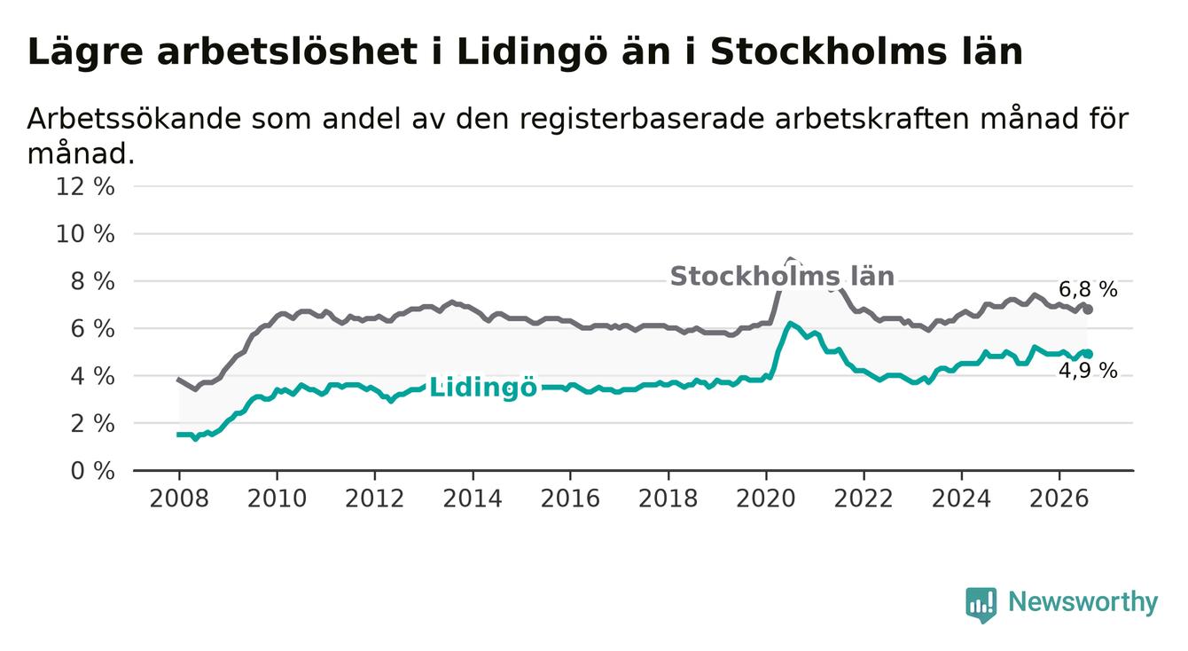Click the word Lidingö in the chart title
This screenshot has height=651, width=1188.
[531, 52]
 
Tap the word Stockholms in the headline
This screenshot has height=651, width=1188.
[828, 51]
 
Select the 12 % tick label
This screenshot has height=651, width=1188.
[85, 187]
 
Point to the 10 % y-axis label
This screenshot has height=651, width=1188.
[85, 234]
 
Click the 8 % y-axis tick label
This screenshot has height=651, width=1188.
[93, 281]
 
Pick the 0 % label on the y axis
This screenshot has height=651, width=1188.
[93, 471]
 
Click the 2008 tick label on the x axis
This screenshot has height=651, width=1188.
[179, 498]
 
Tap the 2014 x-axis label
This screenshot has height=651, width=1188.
[473, 498]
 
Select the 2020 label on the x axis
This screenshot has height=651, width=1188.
[766, 498]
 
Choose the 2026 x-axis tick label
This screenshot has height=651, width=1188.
[1059, 498]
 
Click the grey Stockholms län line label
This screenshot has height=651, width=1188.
[782, 277]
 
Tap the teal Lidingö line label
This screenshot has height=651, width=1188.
[482, 387]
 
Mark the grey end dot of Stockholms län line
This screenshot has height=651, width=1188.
[1088, 310]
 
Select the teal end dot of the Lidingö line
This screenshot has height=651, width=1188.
[1088, 354]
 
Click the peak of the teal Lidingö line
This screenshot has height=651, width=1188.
[790, 323]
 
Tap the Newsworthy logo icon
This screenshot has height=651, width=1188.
[981, 605]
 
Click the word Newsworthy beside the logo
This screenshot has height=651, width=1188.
[1082, 602]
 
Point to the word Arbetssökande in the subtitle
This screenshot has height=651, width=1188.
[135, 119]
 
